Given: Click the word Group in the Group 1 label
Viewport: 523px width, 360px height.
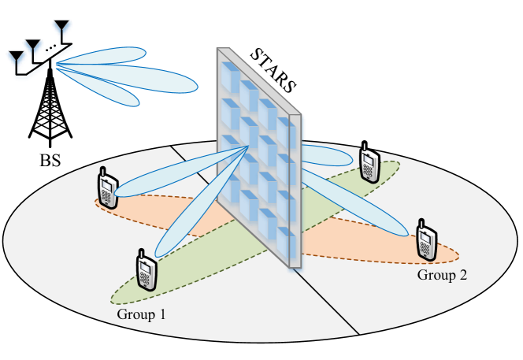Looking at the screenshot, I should (x=135, y=314).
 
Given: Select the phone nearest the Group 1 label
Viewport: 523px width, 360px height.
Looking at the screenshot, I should (x=145, y=269).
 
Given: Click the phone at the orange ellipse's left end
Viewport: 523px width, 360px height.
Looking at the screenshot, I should (x=106, y=187).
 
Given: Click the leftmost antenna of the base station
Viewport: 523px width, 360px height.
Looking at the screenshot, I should (x=16, y=60).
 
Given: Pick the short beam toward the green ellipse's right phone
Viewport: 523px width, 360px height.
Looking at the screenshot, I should (x=327, y=155).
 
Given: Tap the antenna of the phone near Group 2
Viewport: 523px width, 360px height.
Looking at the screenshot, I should (x=421, y=224).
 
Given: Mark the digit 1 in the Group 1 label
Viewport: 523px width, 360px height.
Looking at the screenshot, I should (x=162, y=314).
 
